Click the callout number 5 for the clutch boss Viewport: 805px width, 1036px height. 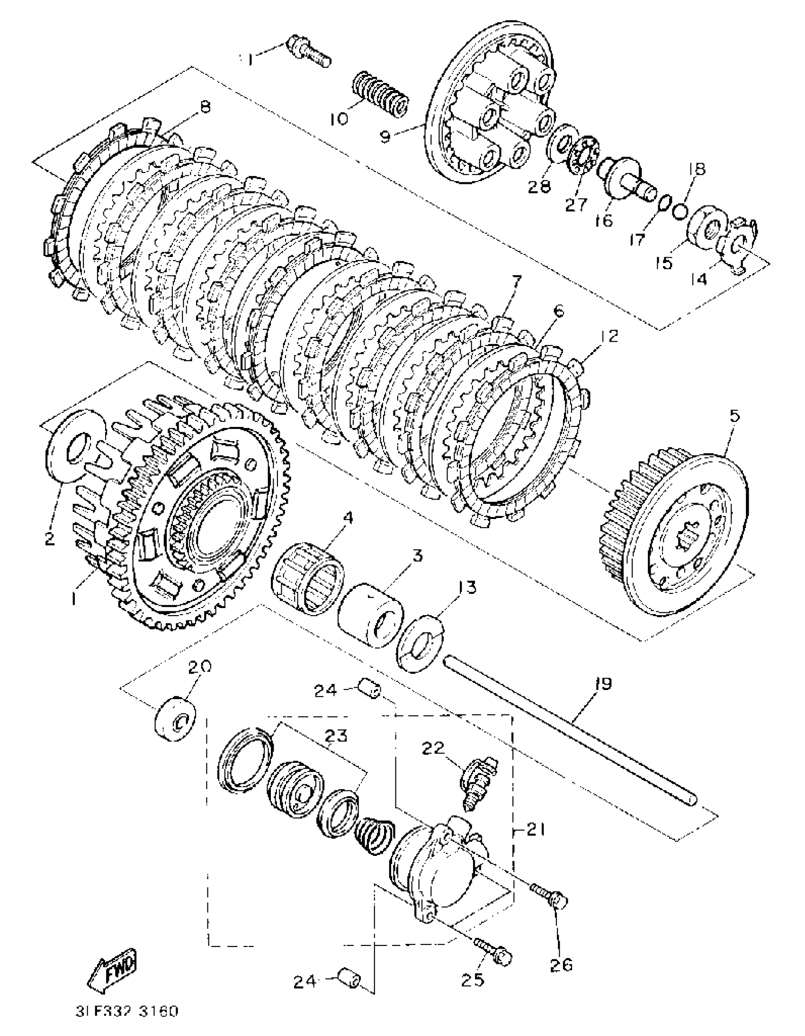pyautogui.click(x=733, y=417)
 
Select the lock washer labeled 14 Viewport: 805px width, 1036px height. pyautogui.click(x=738, y=246)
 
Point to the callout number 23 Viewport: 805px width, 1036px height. pyautogui.click(x=337, y=736)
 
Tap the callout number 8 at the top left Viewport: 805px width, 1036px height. pyautogui.click(x=205, y=109)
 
